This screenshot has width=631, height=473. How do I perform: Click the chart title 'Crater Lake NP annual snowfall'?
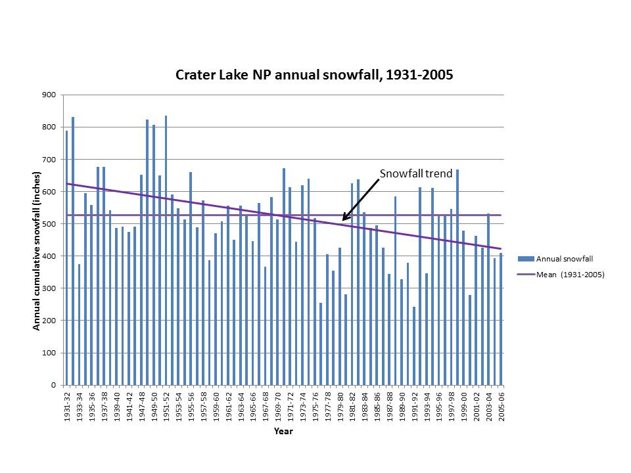(314, 75)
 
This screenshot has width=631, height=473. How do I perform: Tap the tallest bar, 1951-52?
(166, 250)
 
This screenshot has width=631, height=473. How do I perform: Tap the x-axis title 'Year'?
(283, 432)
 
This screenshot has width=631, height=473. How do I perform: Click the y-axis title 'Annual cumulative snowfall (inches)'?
(37, 251)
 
